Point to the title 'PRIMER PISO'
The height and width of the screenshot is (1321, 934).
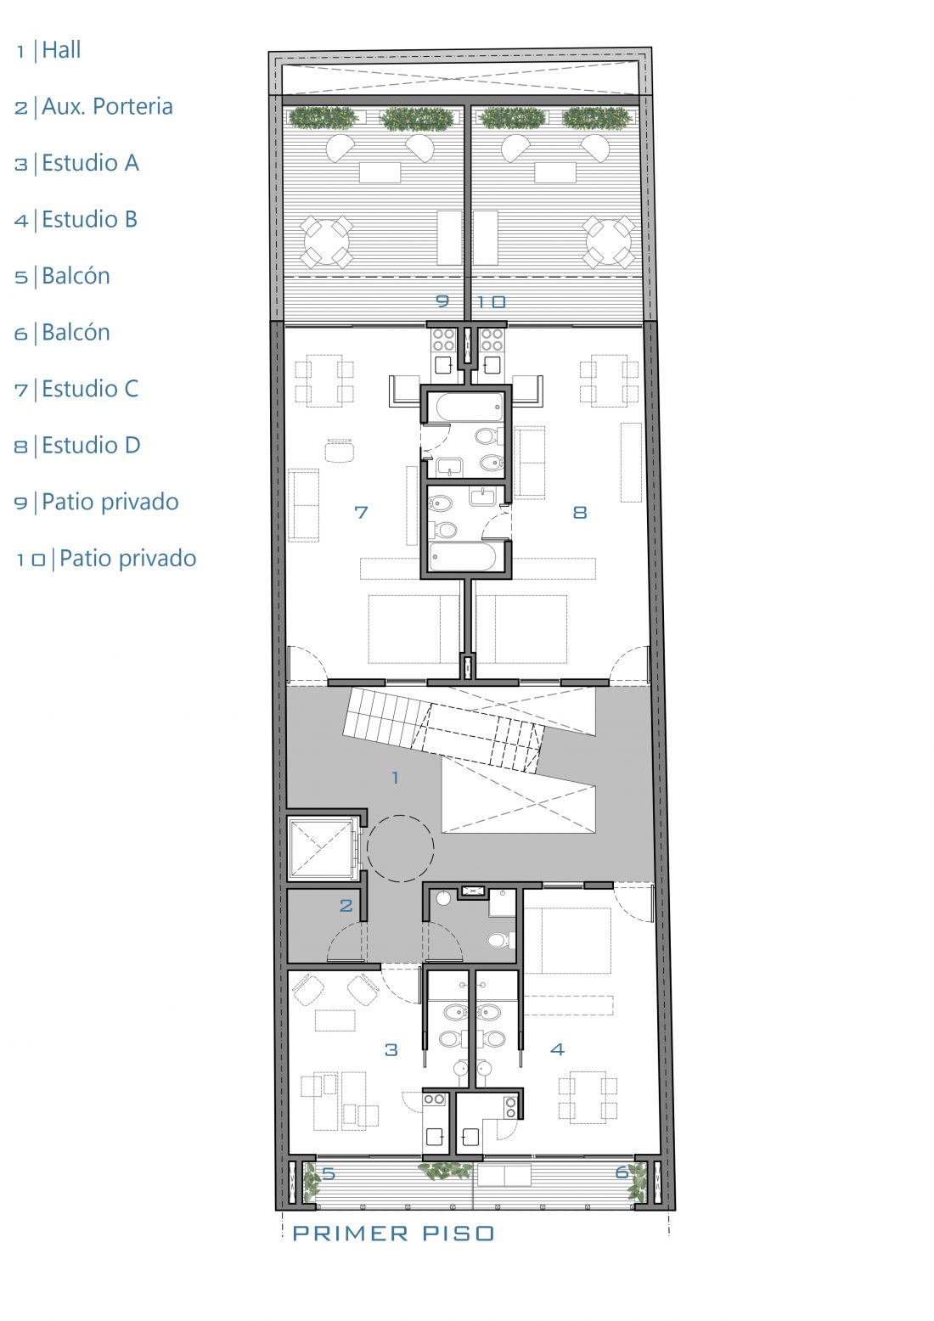[393, 1234]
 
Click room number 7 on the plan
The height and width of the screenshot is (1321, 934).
[361, 512]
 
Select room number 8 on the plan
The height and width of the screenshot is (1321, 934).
[580, 512]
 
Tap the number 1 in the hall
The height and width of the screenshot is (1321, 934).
[396, 778]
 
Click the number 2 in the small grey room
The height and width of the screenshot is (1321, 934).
[346, 905]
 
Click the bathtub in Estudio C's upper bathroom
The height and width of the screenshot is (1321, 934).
[466, 408]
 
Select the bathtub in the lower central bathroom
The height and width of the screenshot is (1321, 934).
[466, 557]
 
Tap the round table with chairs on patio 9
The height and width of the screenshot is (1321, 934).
[327, 242]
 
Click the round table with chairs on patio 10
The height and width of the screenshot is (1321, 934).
[609, 242]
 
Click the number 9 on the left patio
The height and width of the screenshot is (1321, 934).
[443, 301]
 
